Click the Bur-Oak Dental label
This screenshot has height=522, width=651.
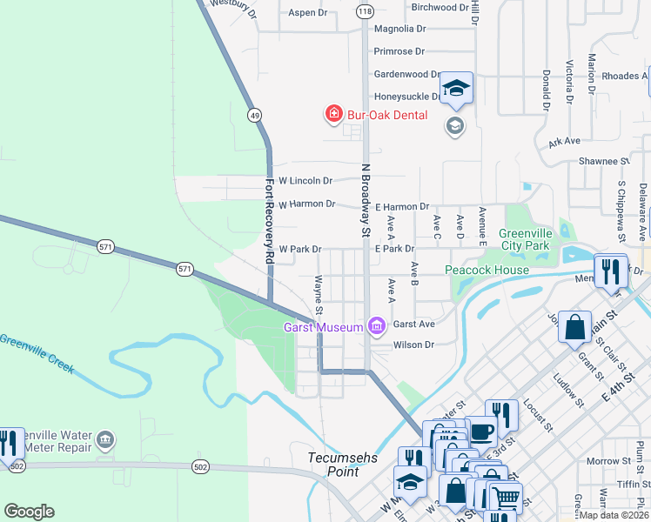click(x=387, y=114)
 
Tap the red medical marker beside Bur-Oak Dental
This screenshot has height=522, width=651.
click(x=332, y=113)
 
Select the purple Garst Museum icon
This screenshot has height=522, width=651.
click(x=377, y=326)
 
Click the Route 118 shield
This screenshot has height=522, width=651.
click(x=365, y=10)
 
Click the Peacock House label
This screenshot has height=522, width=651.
click(x=487, y=270)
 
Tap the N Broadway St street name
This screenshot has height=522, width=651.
click(x=366, y=199)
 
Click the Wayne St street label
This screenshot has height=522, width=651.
click(x=319, y=296)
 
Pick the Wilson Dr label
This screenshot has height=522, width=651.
click(x=413, y=345)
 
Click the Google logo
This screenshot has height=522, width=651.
click(x=29, y=511)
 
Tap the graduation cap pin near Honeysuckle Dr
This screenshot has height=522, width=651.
click(x=456, y=89)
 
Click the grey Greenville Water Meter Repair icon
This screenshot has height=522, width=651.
click(x=105, y=440)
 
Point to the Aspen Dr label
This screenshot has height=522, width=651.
click(x=307, y=13)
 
